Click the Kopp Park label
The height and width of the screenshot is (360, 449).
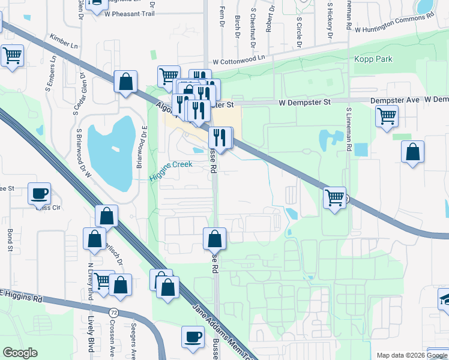click(x=373, y=59)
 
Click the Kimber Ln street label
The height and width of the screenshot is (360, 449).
click(x=64, y=41)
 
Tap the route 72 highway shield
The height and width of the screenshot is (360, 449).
click(x=113, y=313)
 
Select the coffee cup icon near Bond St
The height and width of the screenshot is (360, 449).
click(x=40, y=193)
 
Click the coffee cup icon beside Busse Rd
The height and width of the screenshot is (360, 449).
click(x=193, y=337)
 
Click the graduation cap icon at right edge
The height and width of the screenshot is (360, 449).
click(x=444, y=298)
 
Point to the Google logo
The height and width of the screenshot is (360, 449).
click(x=20, y=353)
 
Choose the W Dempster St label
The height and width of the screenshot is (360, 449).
click(x=304, y=103)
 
